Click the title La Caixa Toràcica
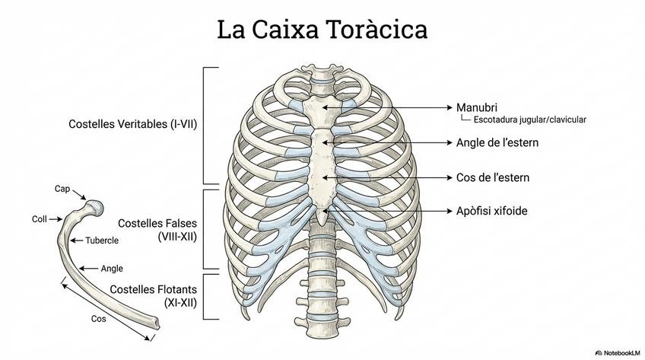pyautogui.click(x=322, y=30)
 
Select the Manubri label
pyautogui.click(x=477, y=107)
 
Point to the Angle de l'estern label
pyautogui.click(x=497, y=142)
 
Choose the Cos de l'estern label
pyautogui.click(x=492, y=177)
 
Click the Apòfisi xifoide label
pyautogui.click(x=491, y=211)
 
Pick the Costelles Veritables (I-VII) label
pyautogui.click(x=132, y=123)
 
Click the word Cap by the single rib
pyautogui.click(x=62, y=189)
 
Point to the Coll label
pyautogui.click(x=40, y=219)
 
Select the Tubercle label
pyautogui.click(x=101, y=241)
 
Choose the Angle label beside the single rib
pyautogui.click(x=112, y=268)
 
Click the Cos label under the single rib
pyautogui.click(x=98, y=319)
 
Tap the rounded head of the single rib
pyautogui.click(x=94, y=206)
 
